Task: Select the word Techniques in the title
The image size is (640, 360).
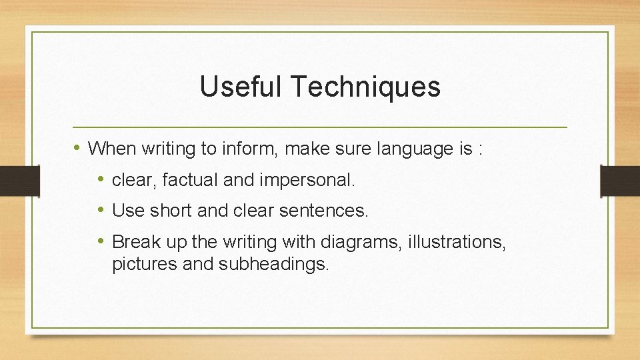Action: (365, 87)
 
